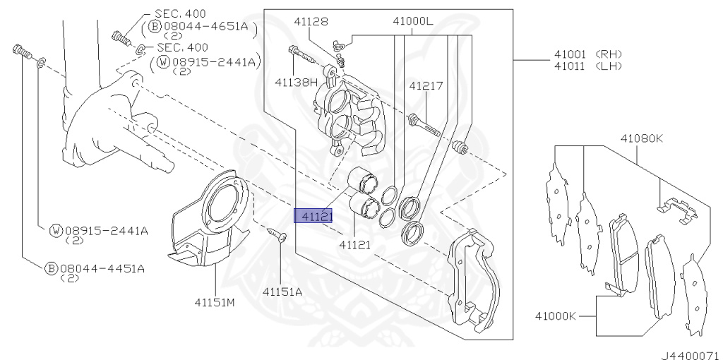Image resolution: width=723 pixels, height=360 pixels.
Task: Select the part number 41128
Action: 311,22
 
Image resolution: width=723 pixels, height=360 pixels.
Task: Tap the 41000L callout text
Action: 413,22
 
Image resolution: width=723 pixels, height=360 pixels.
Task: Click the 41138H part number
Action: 297,83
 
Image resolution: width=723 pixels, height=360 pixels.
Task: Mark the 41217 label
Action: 426,86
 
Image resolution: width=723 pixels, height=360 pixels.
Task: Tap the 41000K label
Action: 555,316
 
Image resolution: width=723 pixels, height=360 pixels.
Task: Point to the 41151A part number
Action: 282,291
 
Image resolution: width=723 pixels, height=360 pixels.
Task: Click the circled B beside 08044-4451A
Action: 51,268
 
